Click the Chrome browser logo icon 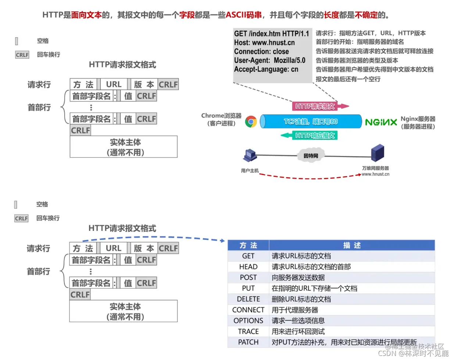coord(251,121)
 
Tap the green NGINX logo coord(381,122)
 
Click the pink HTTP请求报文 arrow coord(320,106)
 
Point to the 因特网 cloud coord(311,156)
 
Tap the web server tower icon coord(378,153)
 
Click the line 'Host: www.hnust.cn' coord(264,43)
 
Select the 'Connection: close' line coord(261,51)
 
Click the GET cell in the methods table coord(248,256)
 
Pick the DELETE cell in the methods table coord(248,299)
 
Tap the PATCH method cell coord(248,342)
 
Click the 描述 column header coord(351,245)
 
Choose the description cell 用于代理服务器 coord(295,310)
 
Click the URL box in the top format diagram coord(114,84)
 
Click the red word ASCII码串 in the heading coord(243,15)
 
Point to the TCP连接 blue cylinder coord(311,121)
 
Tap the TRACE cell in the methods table coord(248,331)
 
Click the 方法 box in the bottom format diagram coord(83,248)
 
